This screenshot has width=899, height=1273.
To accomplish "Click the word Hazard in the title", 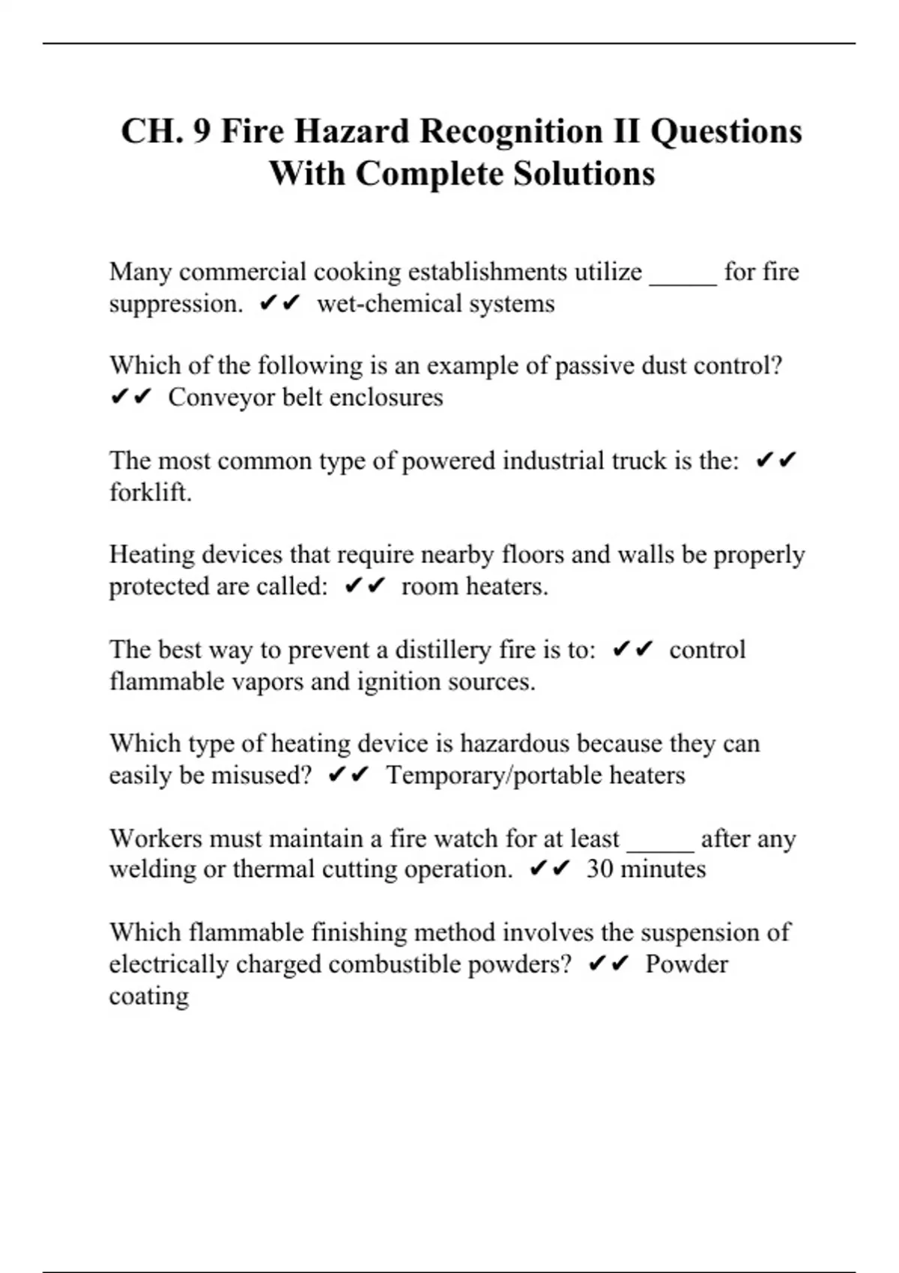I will tap(351, 132).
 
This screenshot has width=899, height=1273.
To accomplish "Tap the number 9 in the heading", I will tap(202, 132).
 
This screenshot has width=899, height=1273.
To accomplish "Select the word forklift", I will tap(150, 492).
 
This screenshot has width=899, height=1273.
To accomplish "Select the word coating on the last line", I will tap(148, 996).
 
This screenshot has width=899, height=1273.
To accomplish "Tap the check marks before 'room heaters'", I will tap(365, 586).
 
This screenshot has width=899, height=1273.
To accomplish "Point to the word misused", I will tap(260, 775).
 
